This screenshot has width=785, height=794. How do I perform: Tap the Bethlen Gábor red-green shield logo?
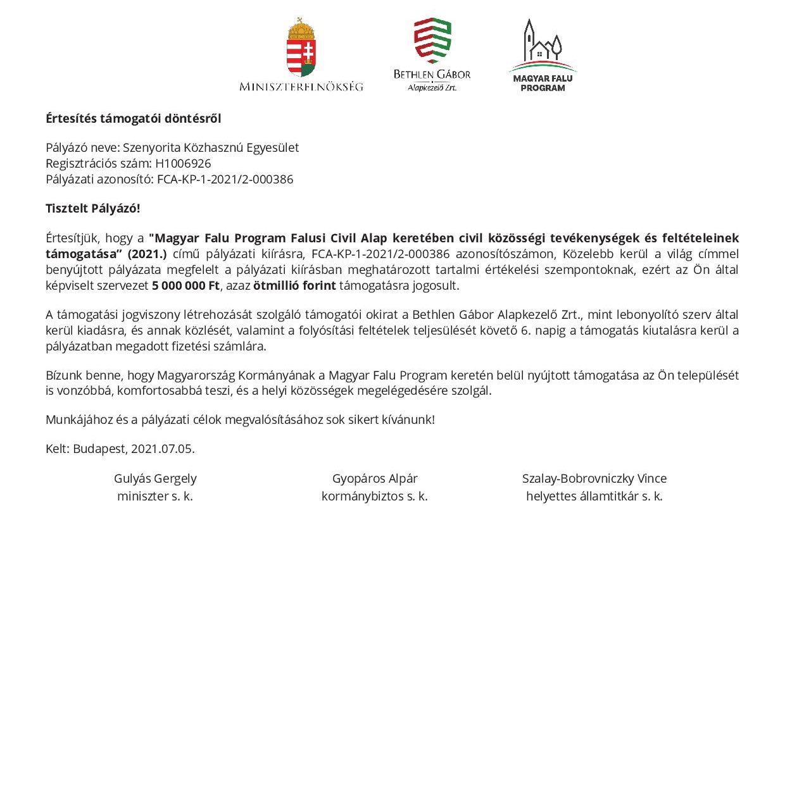(x=432, y=40)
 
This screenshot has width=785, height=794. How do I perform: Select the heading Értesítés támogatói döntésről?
(x=134, y=118)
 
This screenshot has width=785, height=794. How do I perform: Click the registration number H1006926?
(x=183, y=163)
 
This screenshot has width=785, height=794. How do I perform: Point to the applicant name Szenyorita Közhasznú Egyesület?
(x=211, y=147)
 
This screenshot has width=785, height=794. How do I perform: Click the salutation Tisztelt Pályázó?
(x=93, y=208)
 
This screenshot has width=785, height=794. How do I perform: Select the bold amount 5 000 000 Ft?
(x=185, y=285)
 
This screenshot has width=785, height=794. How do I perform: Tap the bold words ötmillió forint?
(x=294, y=285)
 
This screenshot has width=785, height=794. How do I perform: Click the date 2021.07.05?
(x=163, y=449)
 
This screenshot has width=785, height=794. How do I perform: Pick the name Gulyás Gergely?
(x=155, y=478)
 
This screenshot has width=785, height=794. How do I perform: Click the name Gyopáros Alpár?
(x=375, y=478)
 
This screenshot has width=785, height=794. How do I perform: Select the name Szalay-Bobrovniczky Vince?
(x=594, y=478)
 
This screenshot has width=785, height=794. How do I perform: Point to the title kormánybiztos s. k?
(x=375, y=496)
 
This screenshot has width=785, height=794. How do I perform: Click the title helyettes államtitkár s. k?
(x=594, y=496)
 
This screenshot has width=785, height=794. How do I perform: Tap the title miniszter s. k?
(x=155, y=496)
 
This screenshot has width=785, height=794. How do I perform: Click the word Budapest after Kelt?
(x=99, y=449)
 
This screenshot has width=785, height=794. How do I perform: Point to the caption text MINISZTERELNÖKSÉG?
(x=301, y=86)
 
